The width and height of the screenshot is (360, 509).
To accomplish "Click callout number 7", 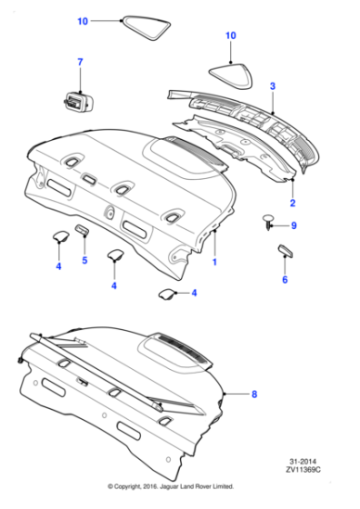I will (x=79, y=61).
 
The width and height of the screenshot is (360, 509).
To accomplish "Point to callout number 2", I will (x=292, y=203).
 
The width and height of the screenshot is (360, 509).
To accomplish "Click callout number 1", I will (x=215, y=262).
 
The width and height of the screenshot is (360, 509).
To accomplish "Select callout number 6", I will (x=285, y=280).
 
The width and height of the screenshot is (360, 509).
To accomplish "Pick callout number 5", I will (x=85, y=261).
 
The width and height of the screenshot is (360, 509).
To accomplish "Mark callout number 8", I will (x=254, y=394).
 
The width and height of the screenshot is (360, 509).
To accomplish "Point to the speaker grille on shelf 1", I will (x=188, y=145).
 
